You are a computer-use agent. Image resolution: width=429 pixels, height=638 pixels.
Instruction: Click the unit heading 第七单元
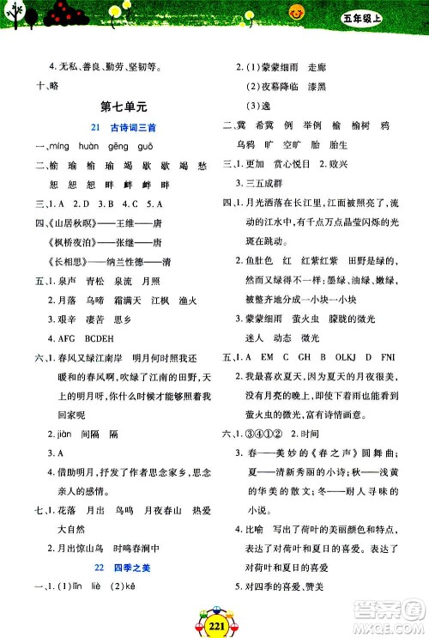tap(124, 106)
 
